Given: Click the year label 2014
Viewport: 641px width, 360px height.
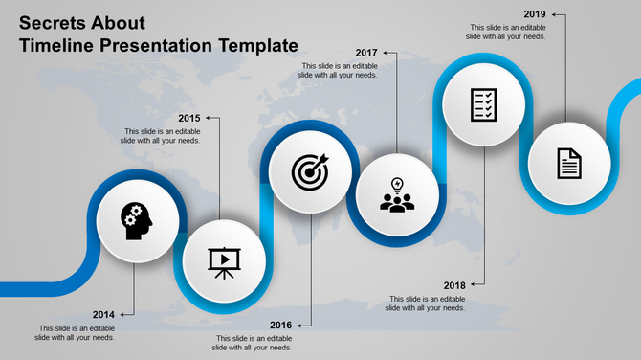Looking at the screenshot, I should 104,314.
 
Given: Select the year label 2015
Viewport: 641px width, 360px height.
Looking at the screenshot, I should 188,118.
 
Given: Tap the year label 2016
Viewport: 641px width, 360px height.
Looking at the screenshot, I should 280,326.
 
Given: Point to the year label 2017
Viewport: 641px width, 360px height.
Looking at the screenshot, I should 366,52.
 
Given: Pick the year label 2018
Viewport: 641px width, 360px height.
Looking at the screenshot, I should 454,285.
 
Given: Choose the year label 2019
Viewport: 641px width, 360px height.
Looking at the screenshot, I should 535,14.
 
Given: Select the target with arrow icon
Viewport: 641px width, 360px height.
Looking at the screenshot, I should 311,171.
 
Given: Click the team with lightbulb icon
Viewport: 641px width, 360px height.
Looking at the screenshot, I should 397,194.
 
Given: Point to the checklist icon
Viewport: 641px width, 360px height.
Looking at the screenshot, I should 483,104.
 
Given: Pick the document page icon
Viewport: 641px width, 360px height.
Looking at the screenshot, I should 569,164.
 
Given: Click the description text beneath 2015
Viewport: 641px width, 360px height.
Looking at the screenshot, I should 161,136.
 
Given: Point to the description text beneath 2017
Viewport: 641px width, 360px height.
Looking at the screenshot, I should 340,70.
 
